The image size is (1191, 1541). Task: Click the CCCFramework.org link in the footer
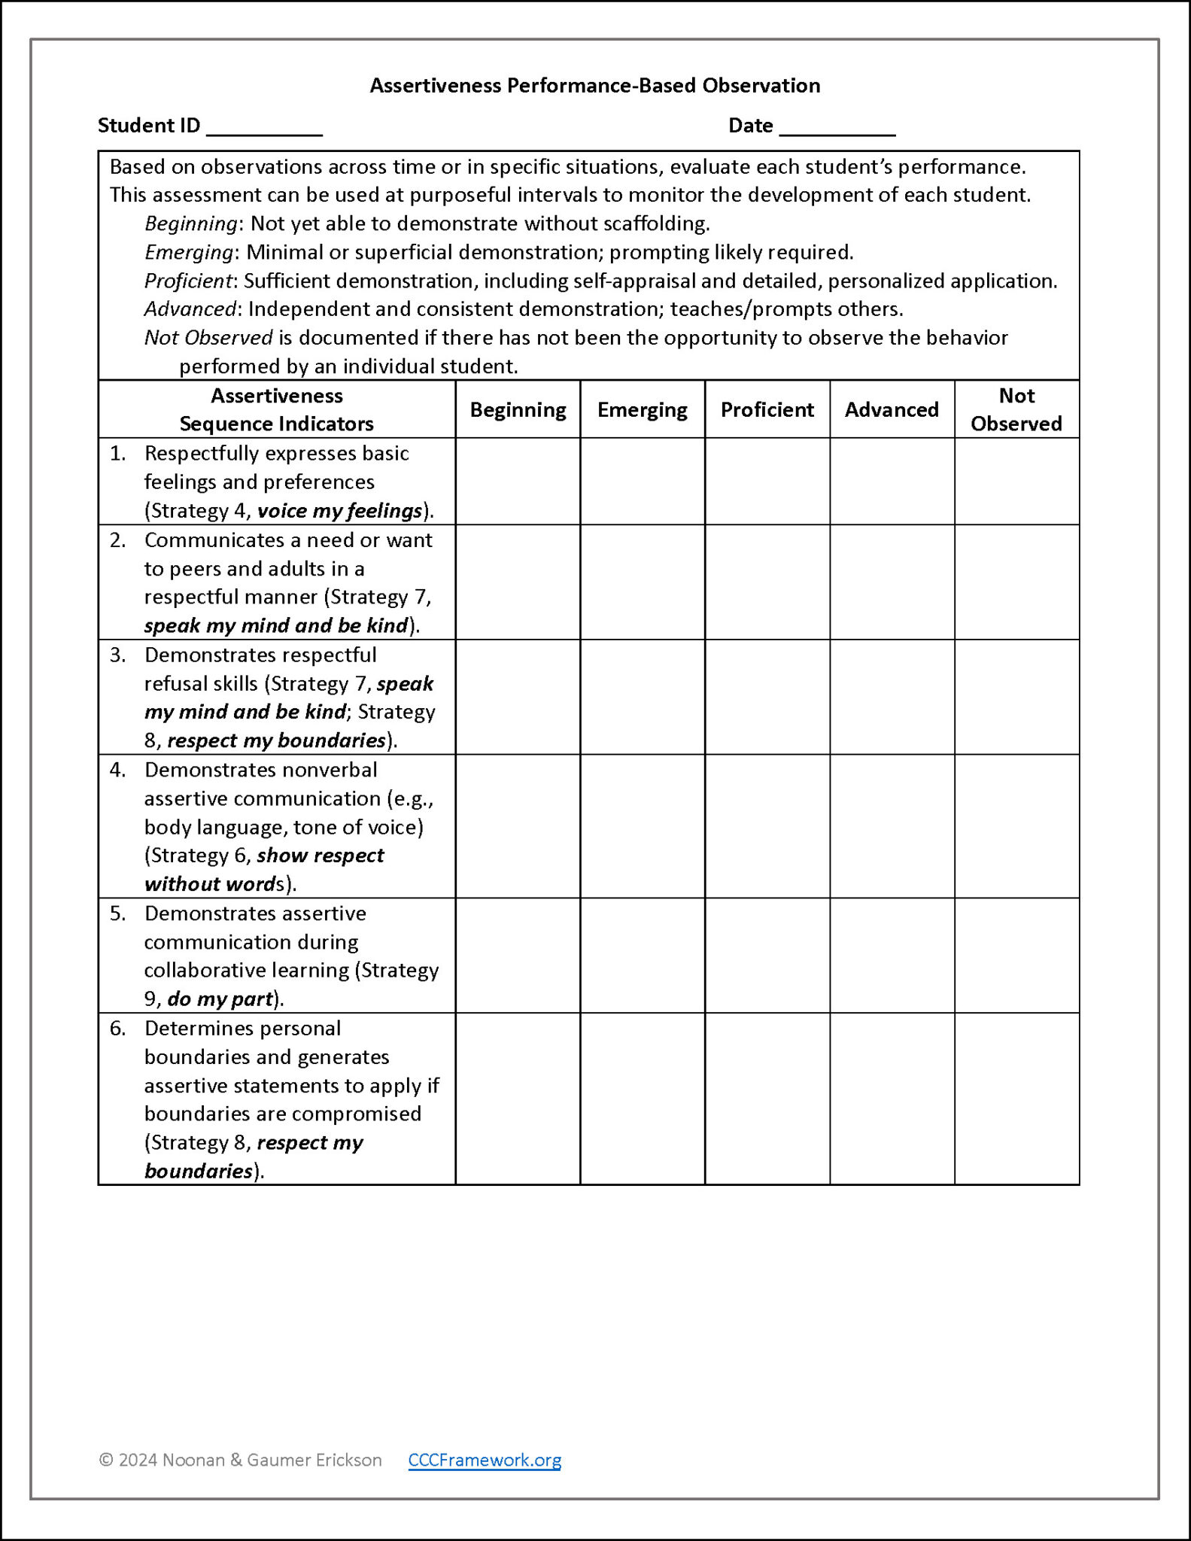(485, 1460)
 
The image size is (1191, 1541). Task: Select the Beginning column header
(518, 409)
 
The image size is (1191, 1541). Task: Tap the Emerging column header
(643, 409)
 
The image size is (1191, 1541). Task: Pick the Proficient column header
(767, 409)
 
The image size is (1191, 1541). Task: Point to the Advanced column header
(892, 409)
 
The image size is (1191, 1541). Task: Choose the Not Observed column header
(1016, 409)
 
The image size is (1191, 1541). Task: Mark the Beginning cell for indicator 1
(518, 482)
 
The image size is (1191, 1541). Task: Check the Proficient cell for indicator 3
(767, 698)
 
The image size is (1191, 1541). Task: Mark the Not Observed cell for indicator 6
(1016, 1099)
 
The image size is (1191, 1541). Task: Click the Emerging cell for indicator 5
(643, 956)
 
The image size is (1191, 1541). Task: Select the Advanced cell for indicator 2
(892, 582)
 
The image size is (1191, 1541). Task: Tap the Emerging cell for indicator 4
(643, 826)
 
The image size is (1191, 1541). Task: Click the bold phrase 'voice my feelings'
(339, 511)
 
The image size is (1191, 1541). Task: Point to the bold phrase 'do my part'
(220, 999)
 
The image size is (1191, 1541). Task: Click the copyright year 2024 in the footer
(138, 1460)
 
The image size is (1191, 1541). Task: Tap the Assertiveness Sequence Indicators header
(277, 409)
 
